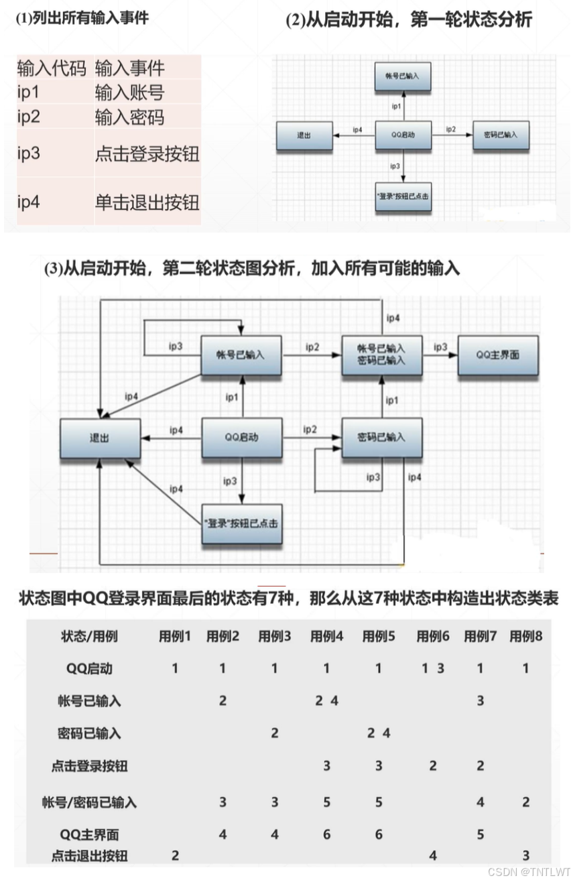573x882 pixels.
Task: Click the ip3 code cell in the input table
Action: click(x=29, y=153)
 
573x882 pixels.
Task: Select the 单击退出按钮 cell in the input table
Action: click(x=147, y=202)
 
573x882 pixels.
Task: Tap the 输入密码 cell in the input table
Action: click(x=129, y=117)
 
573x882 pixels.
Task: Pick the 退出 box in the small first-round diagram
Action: click(x=304, y=135)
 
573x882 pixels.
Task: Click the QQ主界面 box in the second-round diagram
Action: click(x=497, y=355)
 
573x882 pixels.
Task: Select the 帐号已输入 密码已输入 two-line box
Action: click(x=381, y=355)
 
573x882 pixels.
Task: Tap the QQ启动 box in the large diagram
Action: click(x=241, y=438)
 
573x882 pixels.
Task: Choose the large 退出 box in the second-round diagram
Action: click(x=100, y=438)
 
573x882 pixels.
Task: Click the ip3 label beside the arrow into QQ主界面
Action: click(x=440, y=346)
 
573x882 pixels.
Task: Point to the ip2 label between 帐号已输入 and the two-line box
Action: click(x=312, y=346)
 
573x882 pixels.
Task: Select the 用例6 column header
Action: click(x=432, y=636)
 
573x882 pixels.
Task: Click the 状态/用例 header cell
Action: click(x=89, y=636)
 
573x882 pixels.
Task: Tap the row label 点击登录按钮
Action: click(x=89, y=766)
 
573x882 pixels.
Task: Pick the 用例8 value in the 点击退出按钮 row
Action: click(x=526, y=855)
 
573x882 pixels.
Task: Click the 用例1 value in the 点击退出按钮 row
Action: click(x=175, y=855)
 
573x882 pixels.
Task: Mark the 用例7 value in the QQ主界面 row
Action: click(x=480, y=835)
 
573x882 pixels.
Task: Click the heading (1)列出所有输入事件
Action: click(x=82, y=18)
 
